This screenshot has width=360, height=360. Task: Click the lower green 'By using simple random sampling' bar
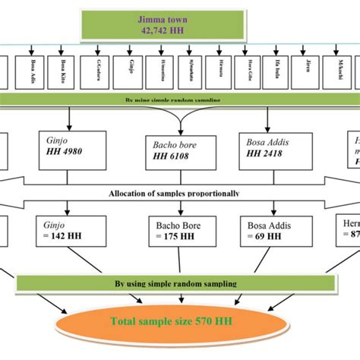pos(174,283)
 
